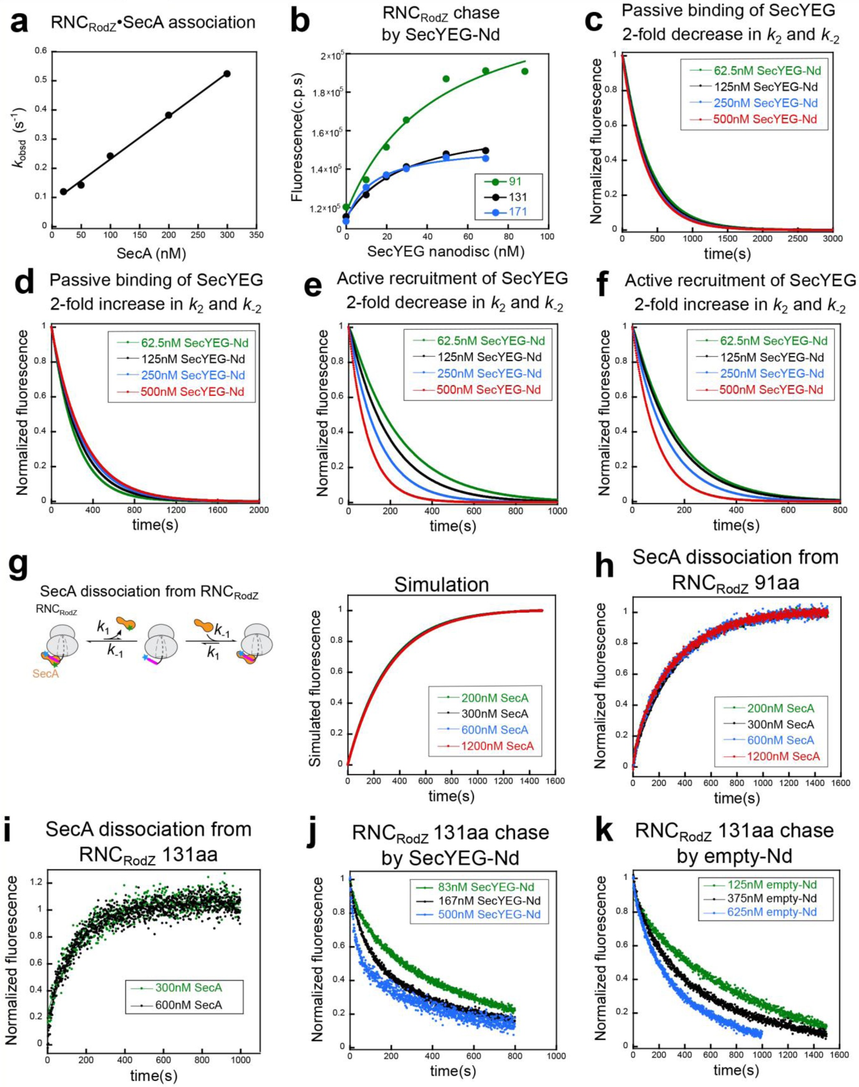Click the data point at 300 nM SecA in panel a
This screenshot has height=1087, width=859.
coord(227,74)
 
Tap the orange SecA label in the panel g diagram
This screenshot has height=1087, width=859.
coord(45,674)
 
